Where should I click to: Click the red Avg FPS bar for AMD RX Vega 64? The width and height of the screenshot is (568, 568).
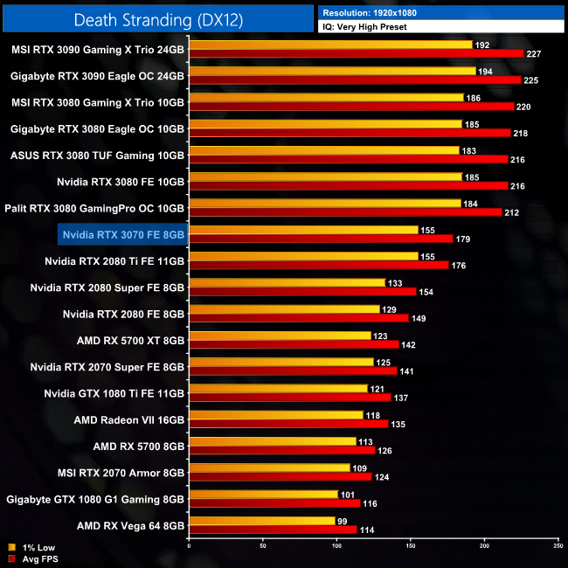point(273,530)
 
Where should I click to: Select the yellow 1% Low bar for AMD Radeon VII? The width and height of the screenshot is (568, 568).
point(275,415)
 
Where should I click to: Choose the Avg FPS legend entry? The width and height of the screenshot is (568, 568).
point(33,558)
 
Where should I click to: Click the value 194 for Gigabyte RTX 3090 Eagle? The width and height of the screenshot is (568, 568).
point(485,72)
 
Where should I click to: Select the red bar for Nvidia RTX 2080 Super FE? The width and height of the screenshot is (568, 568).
point(302,292)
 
